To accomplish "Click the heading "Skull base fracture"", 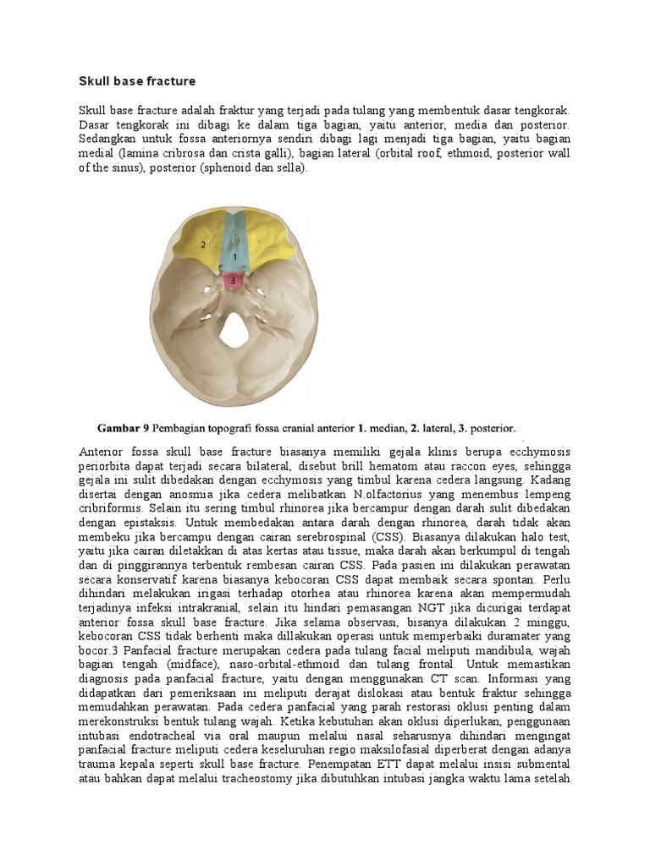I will pos(137,81).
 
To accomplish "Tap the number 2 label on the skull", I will pos(203,244).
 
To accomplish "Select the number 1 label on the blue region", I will pos(234,254).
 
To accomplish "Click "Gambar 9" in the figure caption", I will pos(125,428).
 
